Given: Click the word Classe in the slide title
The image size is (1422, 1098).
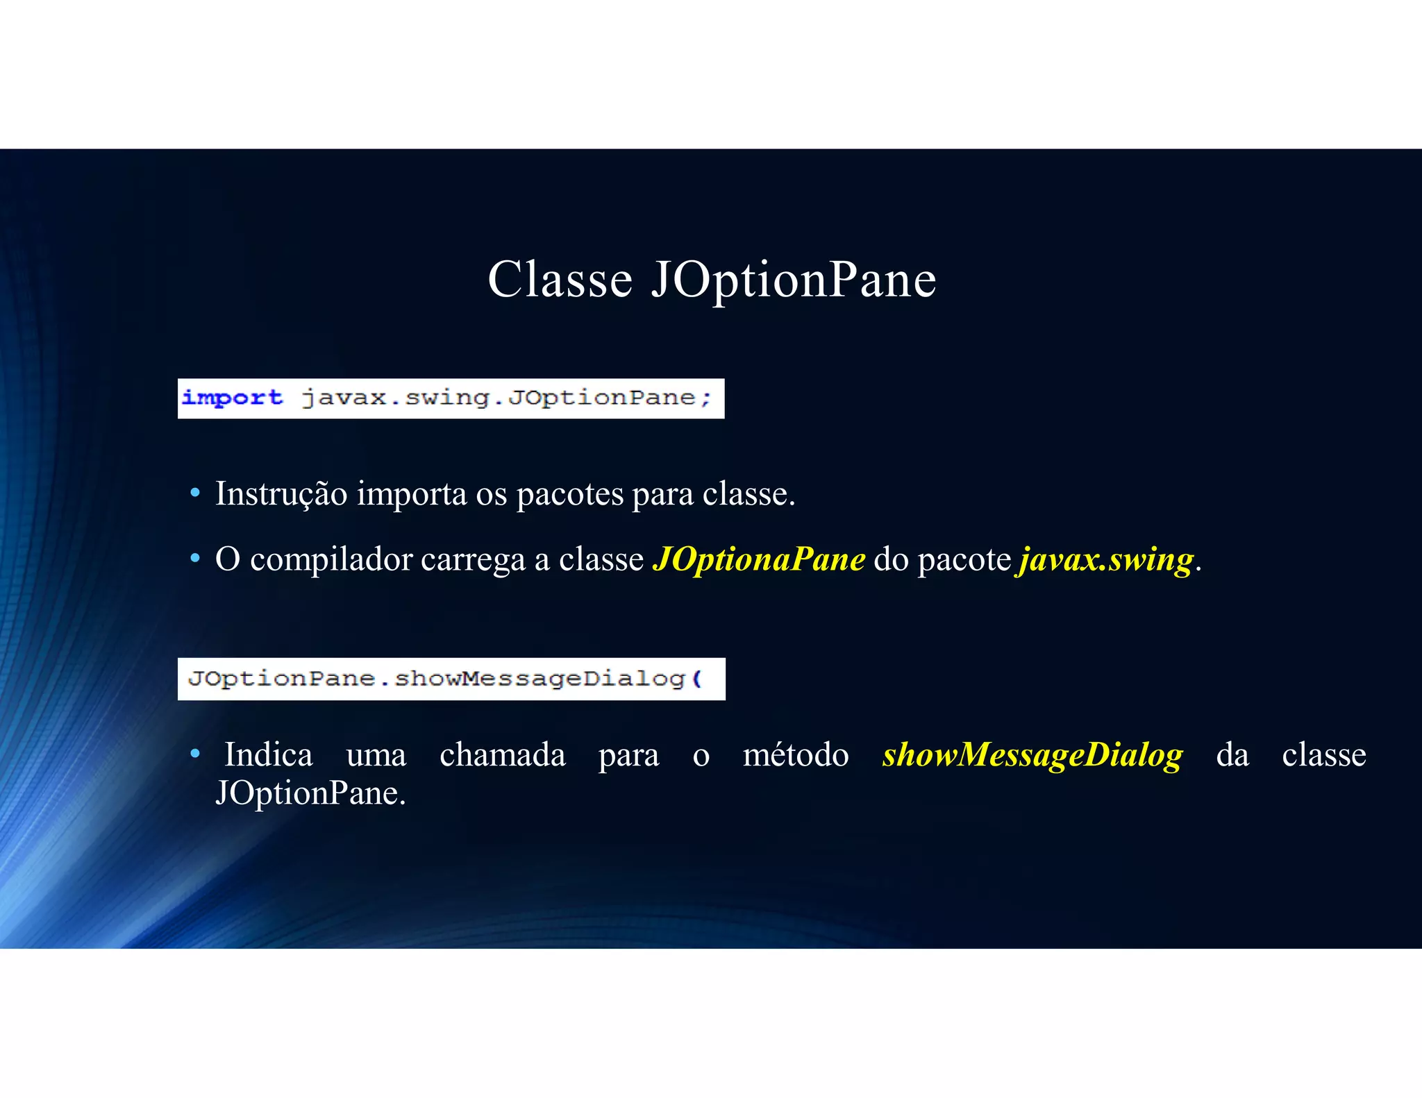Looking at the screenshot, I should (x=560, y=280).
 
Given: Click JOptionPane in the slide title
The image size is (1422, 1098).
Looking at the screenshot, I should (x=794, y=280).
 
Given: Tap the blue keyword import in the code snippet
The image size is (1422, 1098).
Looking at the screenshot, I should (x=232, y=398).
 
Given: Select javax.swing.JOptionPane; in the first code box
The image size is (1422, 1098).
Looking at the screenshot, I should (x=506, y=398).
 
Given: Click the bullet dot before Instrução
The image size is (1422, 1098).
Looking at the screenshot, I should (x=196, y=493).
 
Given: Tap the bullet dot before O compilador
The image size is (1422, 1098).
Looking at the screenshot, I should (x=196, y=558).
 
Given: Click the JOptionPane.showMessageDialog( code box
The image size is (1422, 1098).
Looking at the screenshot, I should (x=451, y=678).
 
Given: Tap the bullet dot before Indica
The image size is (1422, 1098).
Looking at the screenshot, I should (x=196, y=753).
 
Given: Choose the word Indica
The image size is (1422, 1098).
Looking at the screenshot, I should (x=268, y=754).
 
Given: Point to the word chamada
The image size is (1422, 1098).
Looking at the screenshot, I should (x=502, y=754).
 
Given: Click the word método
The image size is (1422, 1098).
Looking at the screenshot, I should (x=796, y=754).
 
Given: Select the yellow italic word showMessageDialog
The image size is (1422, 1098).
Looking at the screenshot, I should (x=1032, y=755).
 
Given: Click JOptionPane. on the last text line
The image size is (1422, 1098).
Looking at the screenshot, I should (x=310, y=793).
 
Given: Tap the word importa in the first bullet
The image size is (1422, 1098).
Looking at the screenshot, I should (x=412, y=494).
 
